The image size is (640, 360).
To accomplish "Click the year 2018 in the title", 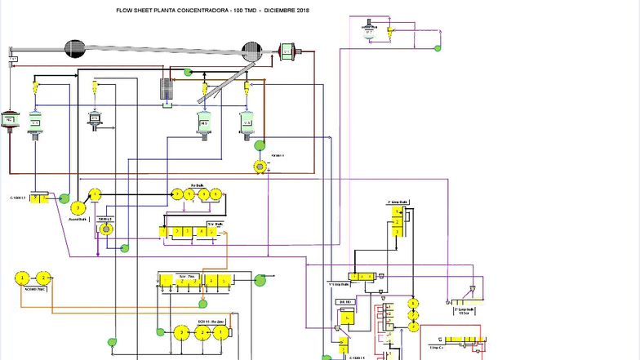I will click(303, 10).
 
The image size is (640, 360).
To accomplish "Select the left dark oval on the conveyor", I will click(74, 49).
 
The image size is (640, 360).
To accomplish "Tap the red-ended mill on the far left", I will click(10, 121).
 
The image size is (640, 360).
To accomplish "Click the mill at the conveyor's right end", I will click(287, 51).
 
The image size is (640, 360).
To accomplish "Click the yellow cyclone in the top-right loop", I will click(391, 31).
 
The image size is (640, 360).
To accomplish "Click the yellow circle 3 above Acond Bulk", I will click(78, 208).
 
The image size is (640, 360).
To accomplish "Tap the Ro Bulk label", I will click(197, 185).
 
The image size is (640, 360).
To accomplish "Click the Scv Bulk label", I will click(215, 223).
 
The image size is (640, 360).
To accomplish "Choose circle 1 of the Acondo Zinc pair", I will click(20, 278).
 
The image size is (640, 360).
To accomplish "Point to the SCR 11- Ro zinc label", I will click(211, 322).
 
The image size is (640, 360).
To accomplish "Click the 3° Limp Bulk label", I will click(397, 202).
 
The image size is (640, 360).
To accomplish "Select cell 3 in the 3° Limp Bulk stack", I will click(396, 232).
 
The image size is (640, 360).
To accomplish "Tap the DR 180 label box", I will click(345, 302).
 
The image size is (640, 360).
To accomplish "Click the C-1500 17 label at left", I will click(18, 198).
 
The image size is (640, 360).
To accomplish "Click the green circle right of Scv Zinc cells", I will click(260, 282).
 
